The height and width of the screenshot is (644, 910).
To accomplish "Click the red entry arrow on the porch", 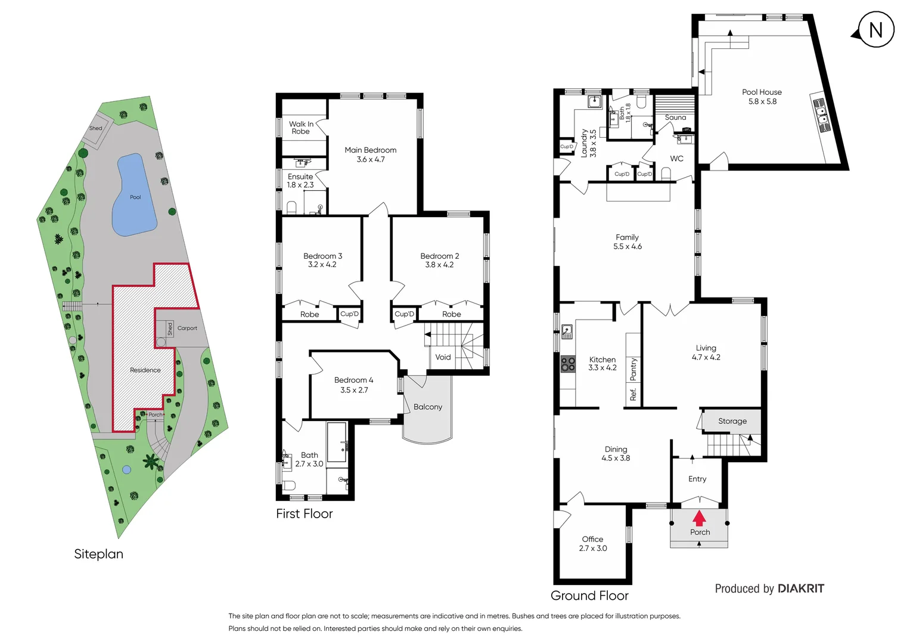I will click(699, 518).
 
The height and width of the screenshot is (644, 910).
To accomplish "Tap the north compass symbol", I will click(875, 30).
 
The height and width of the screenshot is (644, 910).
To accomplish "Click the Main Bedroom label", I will click(370, 150).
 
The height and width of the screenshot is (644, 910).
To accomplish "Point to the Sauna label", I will click(675, 117).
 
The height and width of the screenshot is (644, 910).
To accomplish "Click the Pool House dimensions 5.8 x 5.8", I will click(762, 101).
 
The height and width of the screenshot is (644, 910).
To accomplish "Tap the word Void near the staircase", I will click(443, 357).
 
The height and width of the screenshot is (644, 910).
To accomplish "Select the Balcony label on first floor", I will click(428, 407).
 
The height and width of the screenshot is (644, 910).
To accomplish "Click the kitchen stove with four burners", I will click(567, 364).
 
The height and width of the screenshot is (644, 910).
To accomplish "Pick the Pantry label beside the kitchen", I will click(633, 369).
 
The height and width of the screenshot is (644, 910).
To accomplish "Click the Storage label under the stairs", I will click(732, 421).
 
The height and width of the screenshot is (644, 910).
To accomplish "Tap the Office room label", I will click(592, 539).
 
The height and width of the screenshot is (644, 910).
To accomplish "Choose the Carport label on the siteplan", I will click(187, 328).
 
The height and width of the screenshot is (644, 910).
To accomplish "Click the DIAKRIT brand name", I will click(801, 589).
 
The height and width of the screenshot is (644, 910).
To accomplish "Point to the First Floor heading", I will click(304, 513).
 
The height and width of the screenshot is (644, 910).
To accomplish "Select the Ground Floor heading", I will click(589, 595).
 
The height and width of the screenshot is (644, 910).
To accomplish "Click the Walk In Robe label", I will click(301, 128).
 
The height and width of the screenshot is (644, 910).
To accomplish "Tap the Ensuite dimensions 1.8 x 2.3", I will click(300, 185).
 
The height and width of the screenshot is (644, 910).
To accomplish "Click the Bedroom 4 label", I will click(353, 380).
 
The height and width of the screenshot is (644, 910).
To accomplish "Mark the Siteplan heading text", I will click(98, 554).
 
